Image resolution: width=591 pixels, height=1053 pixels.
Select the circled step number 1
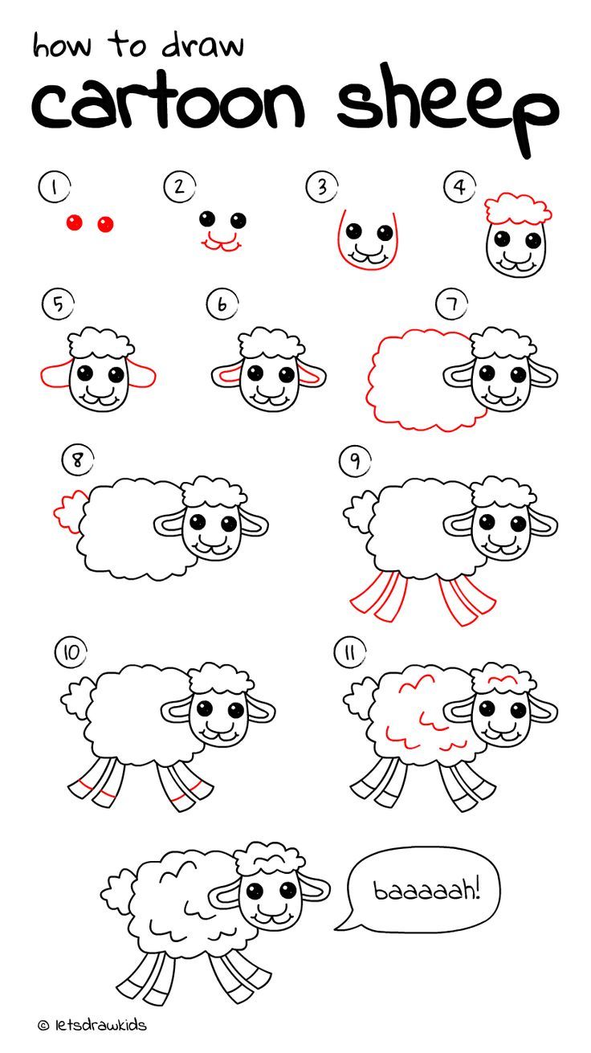pos(54,187)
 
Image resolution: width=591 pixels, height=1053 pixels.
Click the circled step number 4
pos(459,187)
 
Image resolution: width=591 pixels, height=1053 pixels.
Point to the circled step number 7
pos(451,305)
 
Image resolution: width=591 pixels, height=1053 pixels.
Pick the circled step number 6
pos(220,305)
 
